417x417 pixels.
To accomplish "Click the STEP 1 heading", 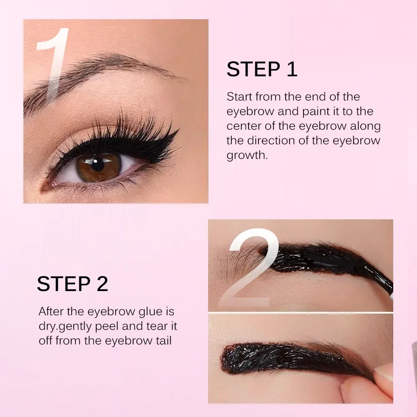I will pos(262,70).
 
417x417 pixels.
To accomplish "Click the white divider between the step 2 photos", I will pos(300,312).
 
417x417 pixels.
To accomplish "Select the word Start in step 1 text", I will pos(239,97).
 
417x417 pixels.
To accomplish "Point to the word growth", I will pos(246,156).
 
